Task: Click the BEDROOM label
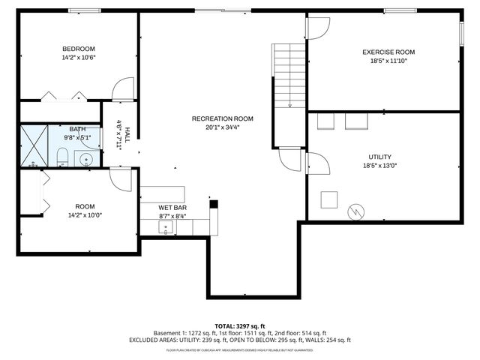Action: (79, 48)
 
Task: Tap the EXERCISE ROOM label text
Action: (388, 52)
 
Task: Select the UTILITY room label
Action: (379, 156)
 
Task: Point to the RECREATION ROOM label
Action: (222, 118)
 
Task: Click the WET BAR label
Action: (172, 207)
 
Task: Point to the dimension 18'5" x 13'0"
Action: (379, 166)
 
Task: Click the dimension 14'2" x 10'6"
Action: (79, 57)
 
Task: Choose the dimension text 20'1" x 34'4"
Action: (222, 127)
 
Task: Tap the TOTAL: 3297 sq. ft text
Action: (240, 325)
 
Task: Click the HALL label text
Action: (127, 135)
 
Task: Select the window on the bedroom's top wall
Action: (80, 10)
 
